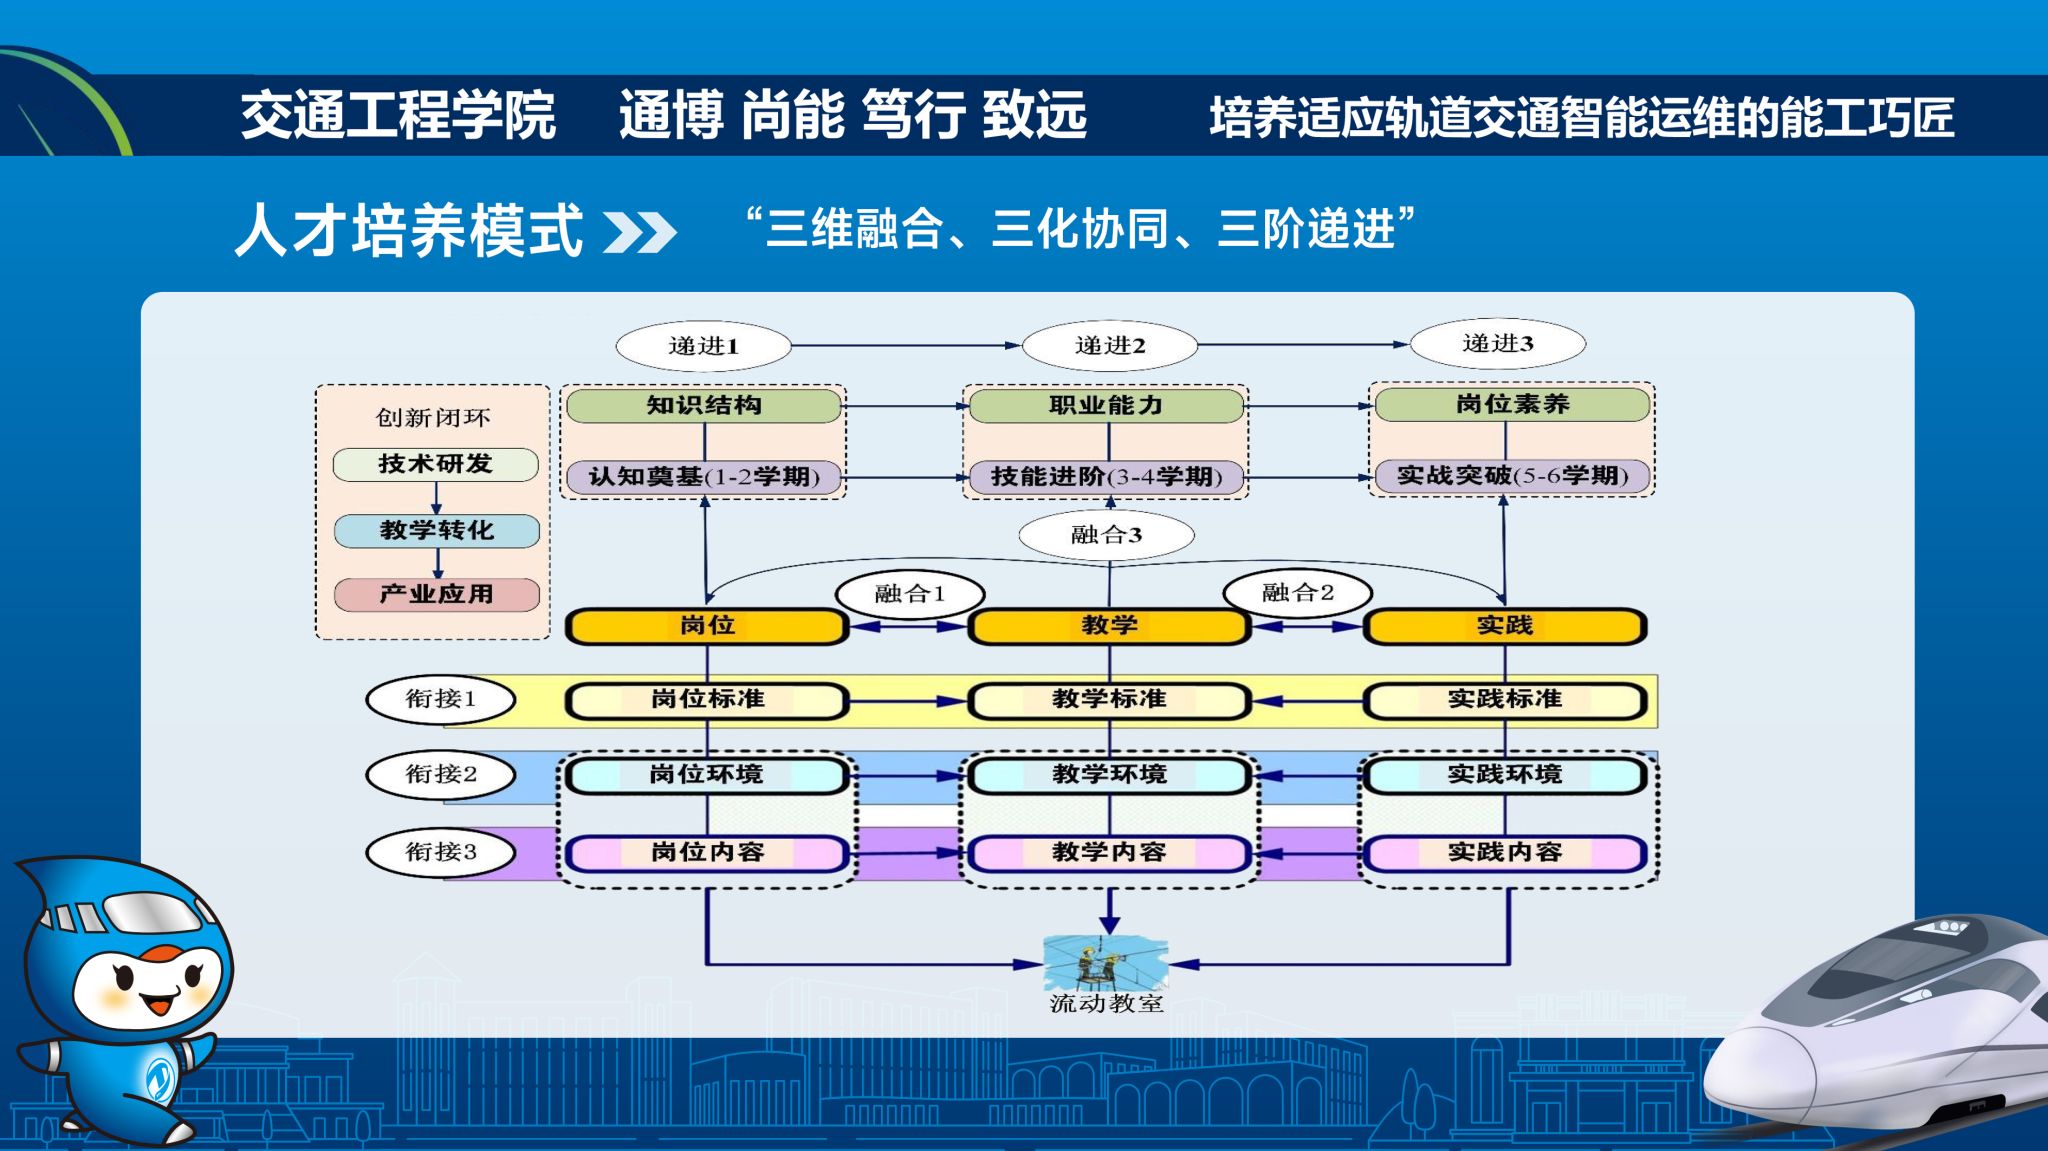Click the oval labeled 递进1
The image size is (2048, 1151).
click(703, 346)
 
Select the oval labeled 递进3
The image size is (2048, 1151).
click(1497, 344)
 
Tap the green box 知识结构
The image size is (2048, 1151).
click(704, 405)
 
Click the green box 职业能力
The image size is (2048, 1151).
click(1106, 405)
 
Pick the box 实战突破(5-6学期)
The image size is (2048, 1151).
click(1512, 476)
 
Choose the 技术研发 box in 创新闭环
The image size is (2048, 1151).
click(435, 464)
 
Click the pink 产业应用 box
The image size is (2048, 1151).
click(436, 594)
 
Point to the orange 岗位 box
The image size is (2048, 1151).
click(707, 626)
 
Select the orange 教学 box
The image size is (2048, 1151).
click(1109, 626)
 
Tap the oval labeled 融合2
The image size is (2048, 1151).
click(1297, 593)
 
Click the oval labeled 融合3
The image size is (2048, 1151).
click(1106, 535)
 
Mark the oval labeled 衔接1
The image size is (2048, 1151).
click(441, 699)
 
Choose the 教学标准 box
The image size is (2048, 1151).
click(1109, 700)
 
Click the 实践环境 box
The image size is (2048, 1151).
click(1505, 775)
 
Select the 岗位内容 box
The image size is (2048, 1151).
click(707, 853)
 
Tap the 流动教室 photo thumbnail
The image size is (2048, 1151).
click(1105, 962)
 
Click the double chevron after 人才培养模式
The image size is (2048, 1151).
click(640, 232)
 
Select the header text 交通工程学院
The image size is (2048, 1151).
click(398, 115)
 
